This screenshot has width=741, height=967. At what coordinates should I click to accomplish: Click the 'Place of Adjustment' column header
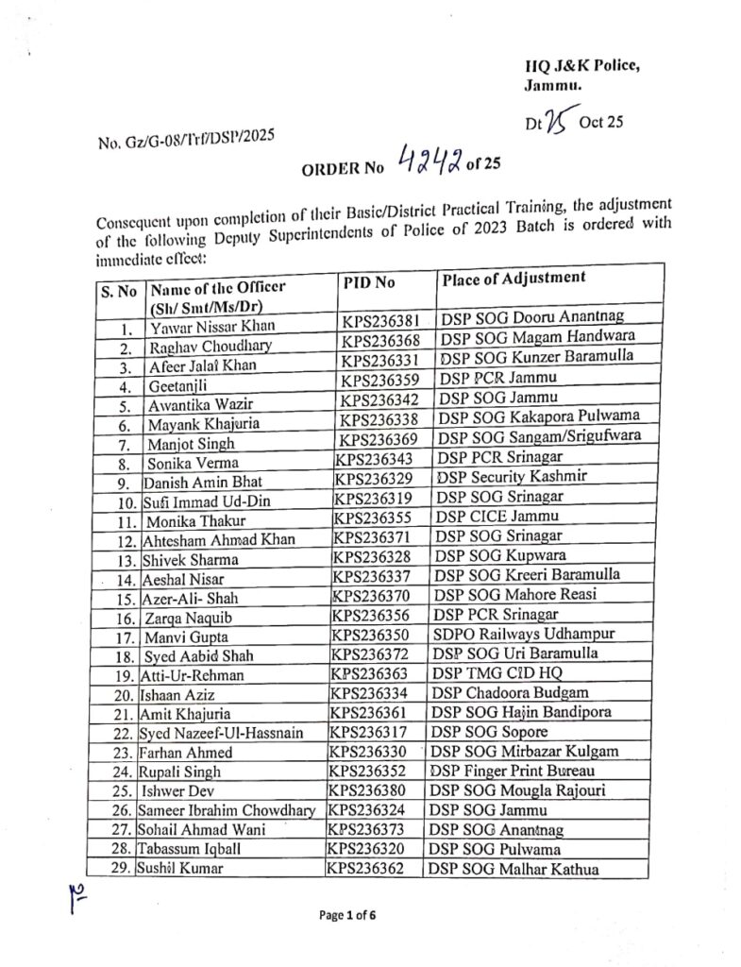click(513, 278)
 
